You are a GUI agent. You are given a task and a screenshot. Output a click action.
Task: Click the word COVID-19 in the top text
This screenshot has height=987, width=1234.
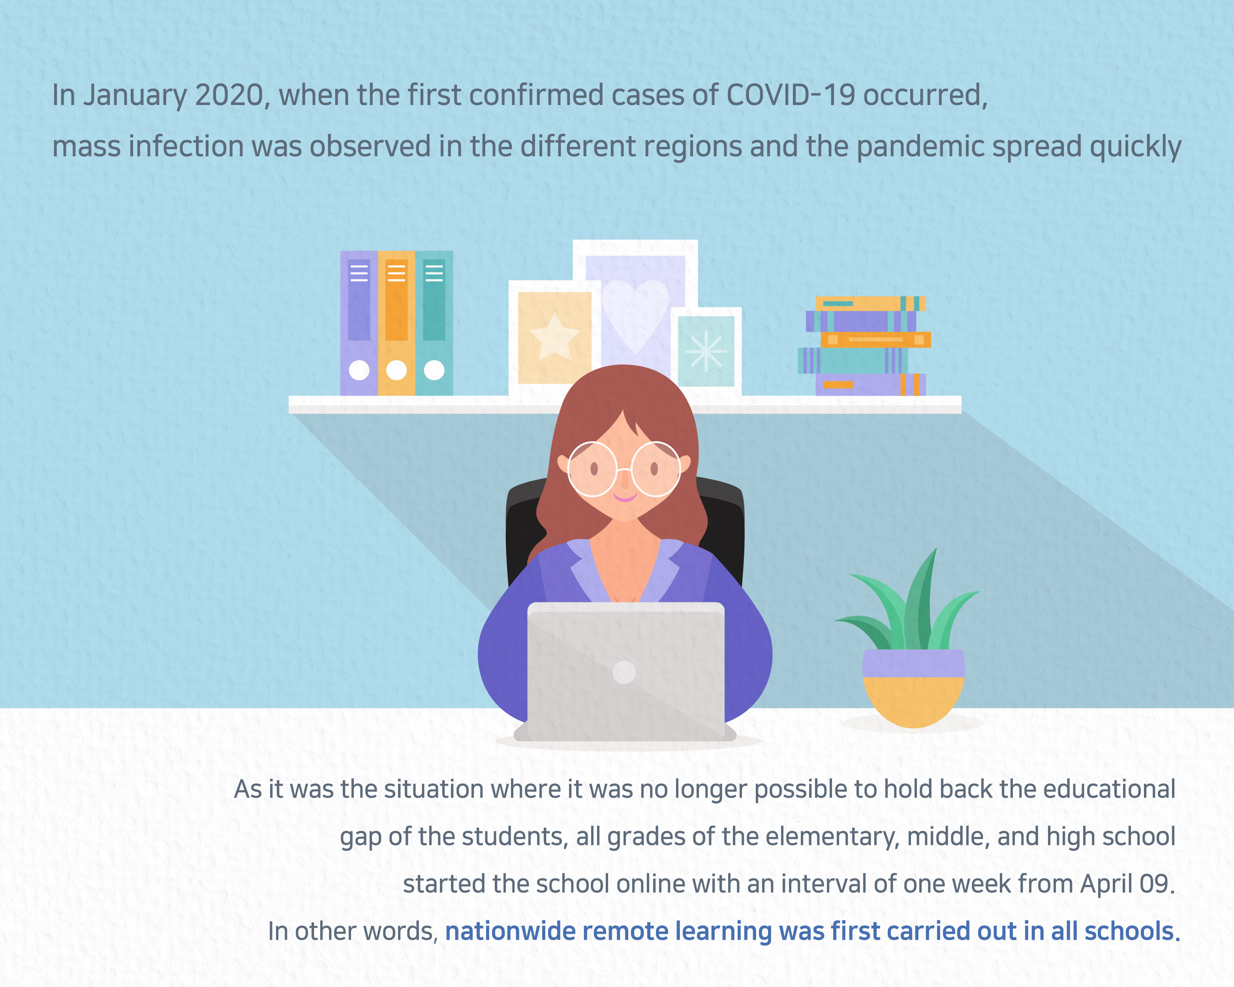[x=791, y=95]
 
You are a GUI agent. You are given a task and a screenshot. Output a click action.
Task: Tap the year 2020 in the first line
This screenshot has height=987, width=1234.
[x=229, y=96]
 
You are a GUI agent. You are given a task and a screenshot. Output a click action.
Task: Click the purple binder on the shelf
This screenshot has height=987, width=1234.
[x=359, y=323]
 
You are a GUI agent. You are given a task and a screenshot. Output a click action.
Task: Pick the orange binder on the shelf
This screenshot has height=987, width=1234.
[x=396, y=323]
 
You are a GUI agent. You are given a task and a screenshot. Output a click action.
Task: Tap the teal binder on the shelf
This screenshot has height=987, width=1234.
[x=434, y=323]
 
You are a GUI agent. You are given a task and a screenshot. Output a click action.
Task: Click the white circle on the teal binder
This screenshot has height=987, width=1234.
[x=434, y=370]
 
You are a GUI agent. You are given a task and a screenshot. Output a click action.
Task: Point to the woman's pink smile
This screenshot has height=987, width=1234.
[x=625, y=496]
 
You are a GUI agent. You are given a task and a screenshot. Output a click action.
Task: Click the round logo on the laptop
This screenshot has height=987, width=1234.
[x=624, y=672]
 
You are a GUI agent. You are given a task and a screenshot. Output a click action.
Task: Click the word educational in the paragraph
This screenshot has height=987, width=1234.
[x=1109, y=790]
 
